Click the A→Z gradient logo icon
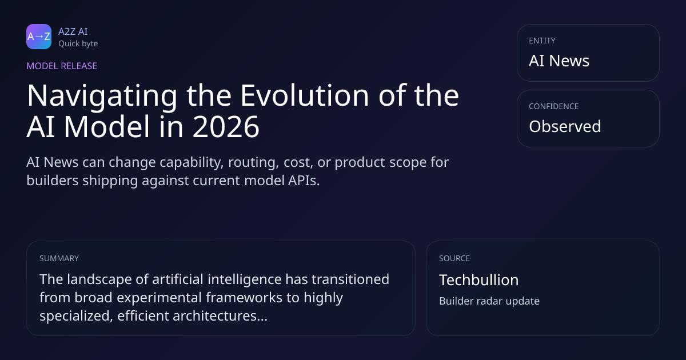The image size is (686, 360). click(39, 37)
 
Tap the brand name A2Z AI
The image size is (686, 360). click(73, 31)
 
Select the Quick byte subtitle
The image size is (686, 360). click(78, 44)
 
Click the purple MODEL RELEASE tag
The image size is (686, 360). click(62, 66)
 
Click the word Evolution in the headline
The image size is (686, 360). click(304, 95)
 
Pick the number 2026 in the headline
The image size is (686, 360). click(226, 127)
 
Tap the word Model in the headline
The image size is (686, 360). click(106, 126)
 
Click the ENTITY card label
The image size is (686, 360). click(542, 41)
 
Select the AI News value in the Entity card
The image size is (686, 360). click(559, 61)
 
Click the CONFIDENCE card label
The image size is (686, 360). click(554, 106)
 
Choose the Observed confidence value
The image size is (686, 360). click(565, 126)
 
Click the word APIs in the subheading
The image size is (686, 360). click(304, 181)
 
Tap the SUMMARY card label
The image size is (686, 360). click(59, 258)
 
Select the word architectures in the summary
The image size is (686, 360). click(220, 315)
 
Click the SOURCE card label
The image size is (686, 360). click(454, 258)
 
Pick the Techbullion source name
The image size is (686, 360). click(479, 280)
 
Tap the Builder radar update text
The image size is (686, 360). click(489, 301)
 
